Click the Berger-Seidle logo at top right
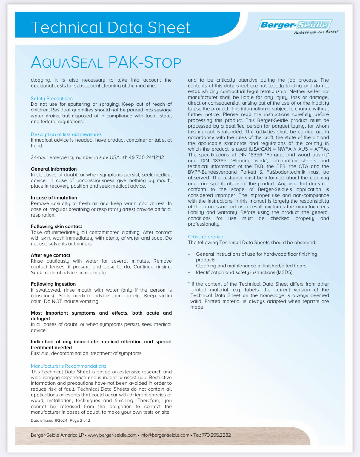pyautogui.click(x=295, y=24)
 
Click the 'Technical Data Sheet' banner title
pyautogui.click(x=110, y=27)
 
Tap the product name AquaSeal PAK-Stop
pyautogui.click(x=106, y=62)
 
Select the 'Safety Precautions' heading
pyautogui.click(x=52, y=98)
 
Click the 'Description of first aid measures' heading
pyautogui.click(x=66, y=134)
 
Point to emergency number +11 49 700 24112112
pyautogui.click(x=143, y=157)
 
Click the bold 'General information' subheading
pyautogui.click(x=54, y=169)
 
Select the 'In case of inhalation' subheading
pyautogui.click(x=54, y=197)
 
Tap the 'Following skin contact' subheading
pyautogui.click(x=56, y=226)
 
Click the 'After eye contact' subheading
pyautogui.click(x=50, y=255)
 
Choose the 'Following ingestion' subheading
pyautogui.click(x=53, y=284)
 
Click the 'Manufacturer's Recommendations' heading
pyautogui.click(x=68, y=366)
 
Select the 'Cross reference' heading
pyautogui.click(x=205, y=237)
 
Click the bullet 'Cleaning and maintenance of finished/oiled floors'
pyautogui.click(x=251, y=266)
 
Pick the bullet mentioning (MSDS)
pyautogui.click(x=244, y=272)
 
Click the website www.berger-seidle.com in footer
pyautogui.click(x=112, y=435)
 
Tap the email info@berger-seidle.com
pyautogui.click(x=165, y=435)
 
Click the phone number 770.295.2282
pyautogui.click(x=216, y=435)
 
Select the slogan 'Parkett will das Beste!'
pyautogui.click(x=316, y=32)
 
